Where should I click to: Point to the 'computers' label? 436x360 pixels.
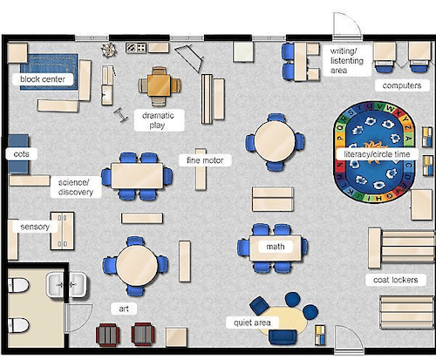(399, 85)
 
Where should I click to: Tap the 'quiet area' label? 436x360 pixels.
(251, 322)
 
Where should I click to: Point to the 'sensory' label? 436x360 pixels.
(35, 227)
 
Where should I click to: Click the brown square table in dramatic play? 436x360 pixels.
(160, 84)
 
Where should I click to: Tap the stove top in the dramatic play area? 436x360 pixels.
(135, 47)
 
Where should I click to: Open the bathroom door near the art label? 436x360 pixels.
(78, 312)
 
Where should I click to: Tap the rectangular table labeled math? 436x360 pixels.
(276, 247)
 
